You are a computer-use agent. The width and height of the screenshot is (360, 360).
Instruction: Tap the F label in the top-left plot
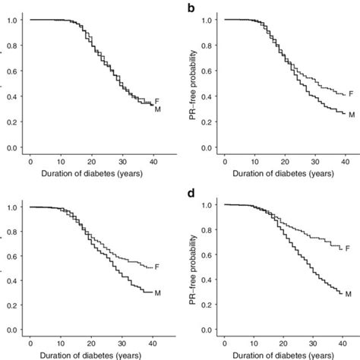[157, 100]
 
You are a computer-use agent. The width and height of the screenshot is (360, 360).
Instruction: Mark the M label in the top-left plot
[157, 110]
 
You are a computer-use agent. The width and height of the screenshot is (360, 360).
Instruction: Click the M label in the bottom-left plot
[157, 292]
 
